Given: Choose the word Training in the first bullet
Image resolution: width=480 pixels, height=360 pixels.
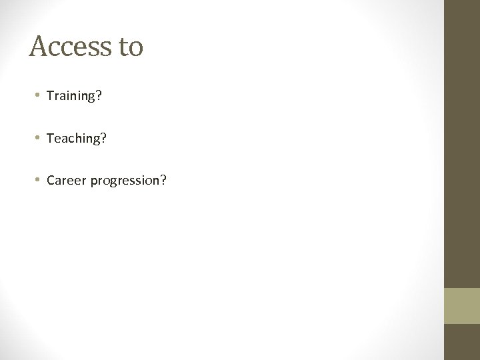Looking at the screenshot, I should (71, 97).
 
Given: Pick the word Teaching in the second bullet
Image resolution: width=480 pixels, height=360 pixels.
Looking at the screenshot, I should (72, 139).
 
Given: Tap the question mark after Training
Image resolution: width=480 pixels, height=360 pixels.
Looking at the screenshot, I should (99, 97).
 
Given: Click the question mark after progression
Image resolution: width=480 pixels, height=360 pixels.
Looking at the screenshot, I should (163, 181).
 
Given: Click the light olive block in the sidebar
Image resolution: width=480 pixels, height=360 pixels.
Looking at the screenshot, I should (462, 305).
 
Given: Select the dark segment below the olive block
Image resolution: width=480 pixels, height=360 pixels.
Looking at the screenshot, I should (462, 342).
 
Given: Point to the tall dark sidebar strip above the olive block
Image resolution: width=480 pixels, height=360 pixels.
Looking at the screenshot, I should (462, 143).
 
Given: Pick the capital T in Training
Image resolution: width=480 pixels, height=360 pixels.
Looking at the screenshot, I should (50, 97).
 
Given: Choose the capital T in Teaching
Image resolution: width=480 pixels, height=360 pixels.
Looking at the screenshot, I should (50, 139).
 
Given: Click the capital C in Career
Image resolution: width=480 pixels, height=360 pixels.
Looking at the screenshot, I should (51, 181).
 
